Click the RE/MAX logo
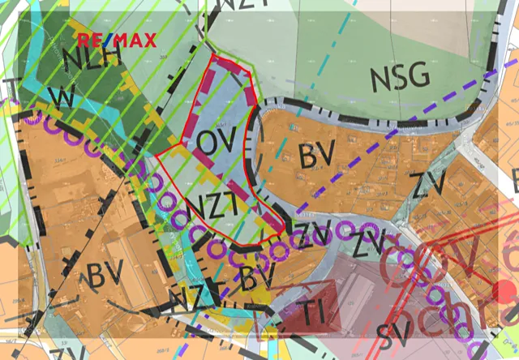click(116, 40)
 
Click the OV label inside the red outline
click(215, 141)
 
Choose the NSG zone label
click(399, 77)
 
